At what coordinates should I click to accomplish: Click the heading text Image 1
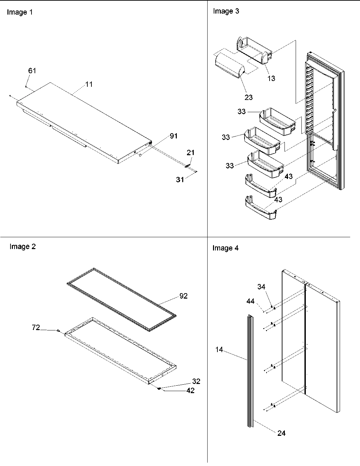20,13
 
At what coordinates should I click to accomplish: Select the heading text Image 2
22,247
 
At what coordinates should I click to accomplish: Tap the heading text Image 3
226,11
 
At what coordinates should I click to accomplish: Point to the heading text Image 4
225,248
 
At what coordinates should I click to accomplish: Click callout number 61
32,71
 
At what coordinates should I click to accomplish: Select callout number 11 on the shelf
89,84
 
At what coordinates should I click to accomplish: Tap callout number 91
173,136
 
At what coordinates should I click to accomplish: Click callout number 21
191,153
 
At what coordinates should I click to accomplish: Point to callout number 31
180,180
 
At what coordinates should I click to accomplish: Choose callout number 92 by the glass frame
183,296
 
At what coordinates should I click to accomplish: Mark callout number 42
190,391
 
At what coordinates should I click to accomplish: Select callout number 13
271,79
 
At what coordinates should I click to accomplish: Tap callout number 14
219,349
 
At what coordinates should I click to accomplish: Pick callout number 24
281,433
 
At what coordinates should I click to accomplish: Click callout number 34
261,287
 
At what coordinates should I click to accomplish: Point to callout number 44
251,301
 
